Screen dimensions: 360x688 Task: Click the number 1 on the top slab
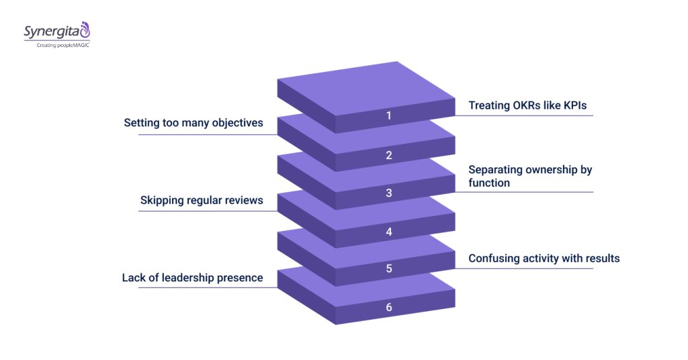pos(388,116)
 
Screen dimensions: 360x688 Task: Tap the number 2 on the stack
pos(388,155)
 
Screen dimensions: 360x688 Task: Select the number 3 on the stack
pos(388,193)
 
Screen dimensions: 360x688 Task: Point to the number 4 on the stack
pos(388,232)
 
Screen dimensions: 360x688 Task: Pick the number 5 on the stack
pos(388,269)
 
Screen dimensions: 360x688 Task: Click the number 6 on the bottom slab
pos(388,308)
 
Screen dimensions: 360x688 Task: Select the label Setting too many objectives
pos(193,123)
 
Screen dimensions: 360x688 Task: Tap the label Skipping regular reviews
pos(202,200)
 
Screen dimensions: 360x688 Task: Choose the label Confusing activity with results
pos(544,258)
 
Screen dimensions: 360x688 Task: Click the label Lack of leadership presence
pos(192,277)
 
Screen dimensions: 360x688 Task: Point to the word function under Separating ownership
pos(488,183)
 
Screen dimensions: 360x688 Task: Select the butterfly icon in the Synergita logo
pos(85,29)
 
